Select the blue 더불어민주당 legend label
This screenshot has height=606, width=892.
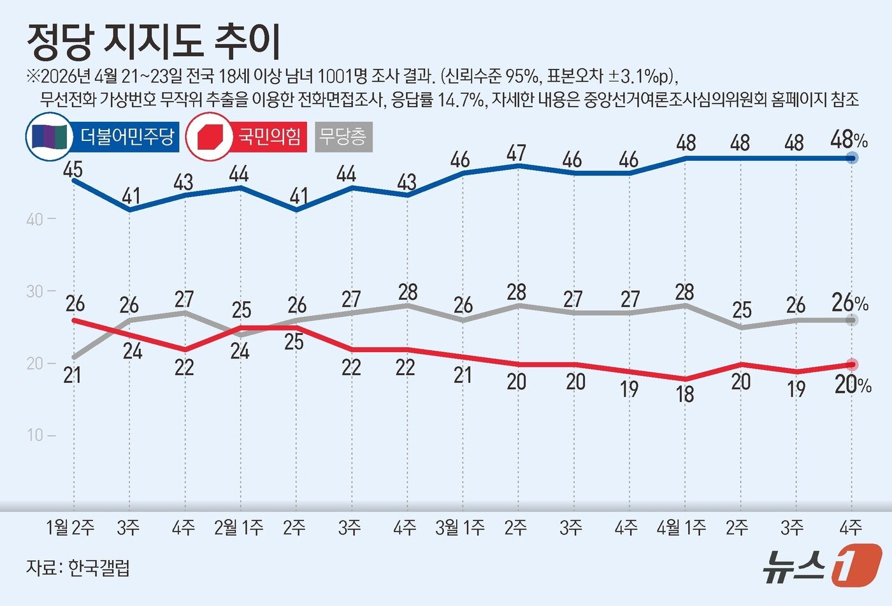[x=127, y=137]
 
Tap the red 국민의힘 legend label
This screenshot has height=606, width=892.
[x=269, y=137]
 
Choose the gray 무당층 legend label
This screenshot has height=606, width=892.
[x=343, y=137]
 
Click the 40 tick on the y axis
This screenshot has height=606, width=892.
[x=35, y=219]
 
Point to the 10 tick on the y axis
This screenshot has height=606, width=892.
[x=35, y=435]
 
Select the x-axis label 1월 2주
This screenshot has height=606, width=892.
[x=71, y=528]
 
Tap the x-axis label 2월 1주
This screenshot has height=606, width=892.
[x=238, y=528]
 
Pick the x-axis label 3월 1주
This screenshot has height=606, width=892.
[x=460, y=528]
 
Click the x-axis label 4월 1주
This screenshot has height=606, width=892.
[x=682, y=528]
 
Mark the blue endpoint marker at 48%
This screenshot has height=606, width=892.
[x=852, y=158]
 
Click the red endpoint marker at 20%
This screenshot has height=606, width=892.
[x=852, y=364]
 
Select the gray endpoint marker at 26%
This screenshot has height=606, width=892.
[x=852, y=320]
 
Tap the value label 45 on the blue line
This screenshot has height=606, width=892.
[x=73, y=169]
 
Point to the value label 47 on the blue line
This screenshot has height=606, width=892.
[x=516, y=153]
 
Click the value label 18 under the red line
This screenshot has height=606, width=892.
[x=685, y=394]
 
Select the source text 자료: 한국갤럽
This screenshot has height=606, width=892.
[x=78, y=567]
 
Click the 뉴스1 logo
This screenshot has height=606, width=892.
[x=822, y=565]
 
